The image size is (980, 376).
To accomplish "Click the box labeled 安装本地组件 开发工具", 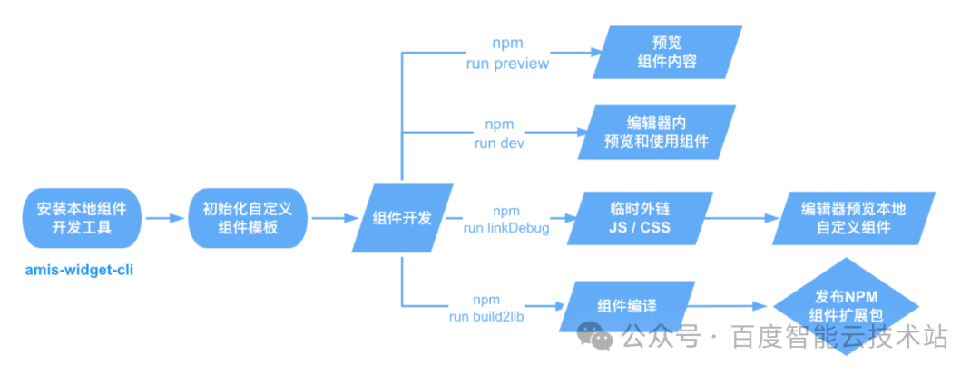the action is [82, 218].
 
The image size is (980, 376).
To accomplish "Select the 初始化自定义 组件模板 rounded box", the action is [248, 218].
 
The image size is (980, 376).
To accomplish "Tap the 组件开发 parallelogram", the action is [403, 218].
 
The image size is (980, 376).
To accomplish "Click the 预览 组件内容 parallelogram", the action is [667, 52].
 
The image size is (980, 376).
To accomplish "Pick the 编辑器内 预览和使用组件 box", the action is [657, 132].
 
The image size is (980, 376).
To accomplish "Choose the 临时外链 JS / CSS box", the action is [640, 218].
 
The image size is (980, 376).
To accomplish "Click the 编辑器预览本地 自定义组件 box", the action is [854, 218].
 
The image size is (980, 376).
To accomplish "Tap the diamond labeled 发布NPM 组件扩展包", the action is [847, 306].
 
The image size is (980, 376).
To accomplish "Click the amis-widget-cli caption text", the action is [79, 271].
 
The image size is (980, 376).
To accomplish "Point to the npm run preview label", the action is [507, 54].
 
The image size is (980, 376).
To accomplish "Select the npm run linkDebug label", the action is [506, 220].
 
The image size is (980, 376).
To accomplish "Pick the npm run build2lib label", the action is [485, 308].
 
